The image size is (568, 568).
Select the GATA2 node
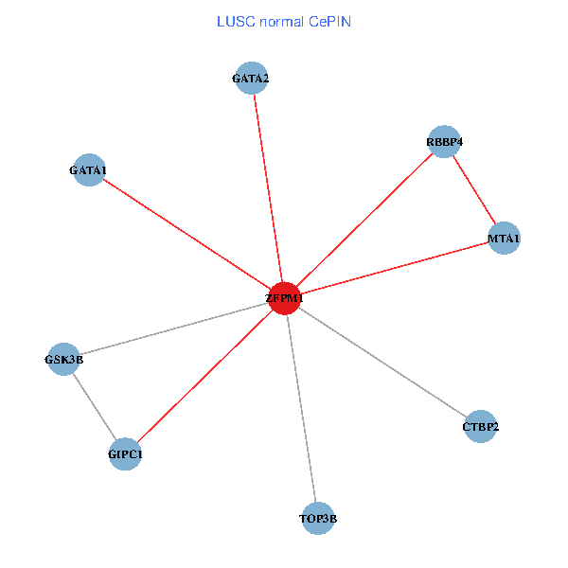pyautogui.click(x=252, y=78)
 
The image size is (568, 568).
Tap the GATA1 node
pyautogui.click(x=88, y=170)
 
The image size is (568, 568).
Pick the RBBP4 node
pyautogui.click(x=444, y=142)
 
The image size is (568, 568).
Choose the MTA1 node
pyautogui.click(x=504, y=238)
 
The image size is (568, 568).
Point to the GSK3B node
pyautogui.click(x=63, y=359)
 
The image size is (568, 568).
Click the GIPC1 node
pyautogui.click(x=125, y=454)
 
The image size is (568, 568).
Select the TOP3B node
pyautogui.click(x=318, y=518)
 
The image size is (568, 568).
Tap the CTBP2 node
pyautogui.click(x=480, y=426)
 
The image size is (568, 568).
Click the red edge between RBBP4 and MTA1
pyautogui.click(x=474, y=190)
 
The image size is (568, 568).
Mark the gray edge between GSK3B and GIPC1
pyautogui.click(x=95, y=407)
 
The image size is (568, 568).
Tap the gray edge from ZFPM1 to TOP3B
pyautogui.click(x=301, y=407)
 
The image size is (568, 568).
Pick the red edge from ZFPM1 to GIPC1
pyautogui.click(x=204, y=376)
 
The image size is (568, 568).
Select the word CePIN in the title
pyautogui.click(x=329, y=21)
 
